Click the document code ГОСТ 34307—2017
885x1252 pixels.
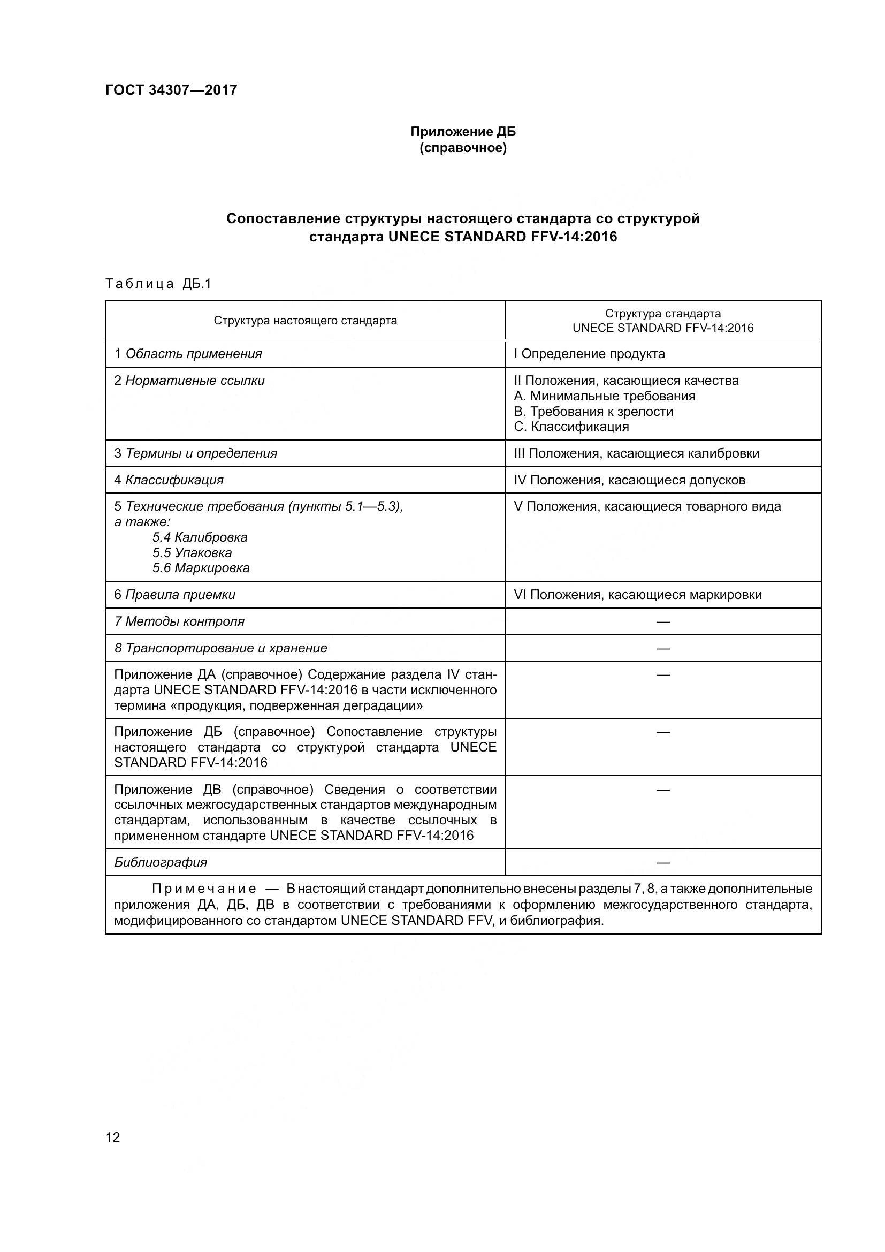(171, 90)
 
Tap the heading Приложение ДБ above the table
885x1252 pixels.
(463, 132)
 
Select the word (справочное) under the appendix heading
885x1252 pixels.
(463, 148)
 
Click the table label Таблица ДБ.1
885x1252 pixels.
(158, 284)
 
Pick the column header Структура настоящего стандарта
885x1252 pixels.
(305, 321)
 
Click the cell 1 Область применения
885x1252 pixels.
(188, 354)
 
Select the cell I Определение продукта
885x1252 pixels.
(589, 354)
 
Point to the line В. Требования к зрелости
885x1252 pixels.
(593, 412)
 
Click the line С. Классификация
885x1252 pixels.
(571, 427)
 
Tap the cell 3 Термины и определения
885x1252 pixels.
(196, 454)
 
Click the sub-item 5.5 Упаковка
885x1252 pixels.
(192, 553)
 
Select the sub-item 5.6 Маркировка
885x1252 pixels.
(201, 568)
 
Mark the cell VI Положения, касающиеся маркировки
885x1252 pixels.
(638, 595)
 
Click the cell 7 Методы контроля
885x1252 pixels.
(179, 621)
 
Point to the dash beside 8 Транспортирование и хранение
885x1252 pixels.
(662, 648)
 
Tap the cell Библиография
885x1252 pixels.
(161, 862)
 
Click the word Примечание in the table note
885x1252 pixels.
(204, 890)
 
